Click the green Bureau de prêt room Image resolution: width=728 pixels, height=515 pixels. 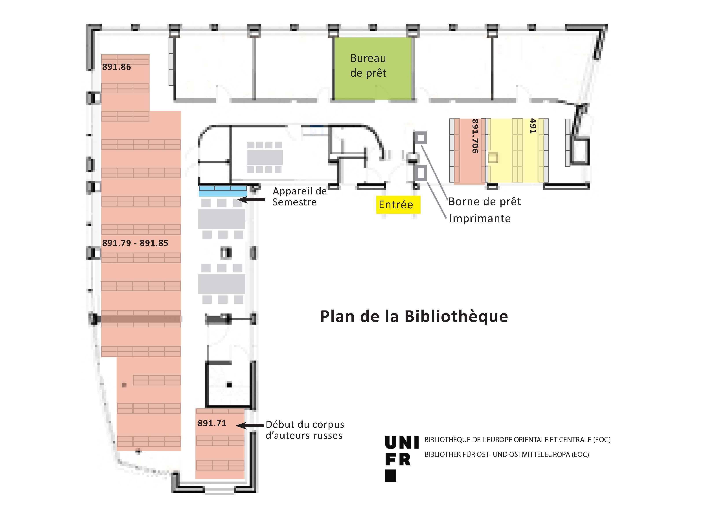373,68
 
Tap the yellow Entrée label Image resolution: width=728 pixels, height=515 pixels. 398,205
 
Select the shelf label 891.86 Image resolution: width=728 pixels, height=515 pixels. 116,67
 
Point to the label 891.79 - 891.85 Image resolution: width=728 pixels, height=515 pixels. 135,243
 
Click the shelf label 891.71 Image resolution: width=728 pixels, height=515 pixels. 212,423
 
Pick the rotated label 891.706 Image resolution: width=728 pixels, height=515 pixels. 475,136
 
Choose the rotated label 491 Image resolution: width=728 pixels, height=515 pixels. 533,126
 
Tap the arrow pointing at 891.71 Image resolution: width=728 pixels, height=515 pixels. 250,425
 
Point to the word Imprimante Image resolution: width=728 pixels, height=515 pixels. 480,219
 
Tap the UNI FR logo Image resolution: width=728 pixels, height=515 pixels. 402,458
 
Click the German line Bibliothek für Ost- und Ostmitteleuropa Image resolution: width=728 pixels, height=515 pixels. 507,454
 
